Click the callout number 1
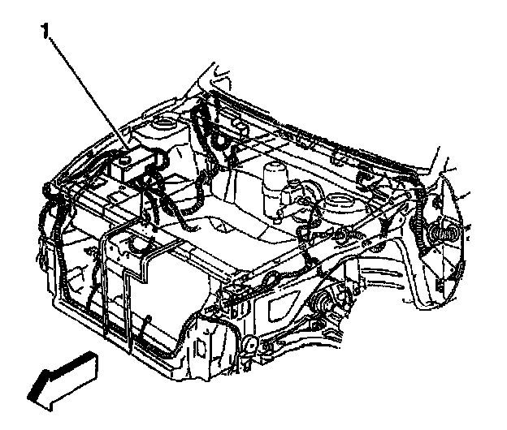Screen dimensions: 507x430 [45, 31]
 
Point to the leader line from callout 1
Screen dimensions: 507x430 [89, 93]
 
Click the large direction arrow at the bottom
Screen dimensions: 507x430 [63, 381]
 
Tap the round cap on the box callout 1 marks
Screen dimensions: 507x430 [123, 160]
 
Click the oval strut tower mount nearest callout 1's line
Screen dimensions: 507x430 [164, 123]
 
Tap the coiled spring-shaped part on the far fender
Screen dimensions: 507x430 [444, 231]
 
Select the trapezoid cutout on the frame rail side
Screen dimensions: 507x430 [282, 306]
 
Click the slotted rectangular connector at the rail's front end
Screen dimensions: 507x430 [240, 309]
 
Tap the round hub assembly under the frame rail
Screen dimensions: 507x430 [320, 303]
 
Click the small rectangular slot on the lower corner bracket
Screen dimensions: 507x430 [201, 348]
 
